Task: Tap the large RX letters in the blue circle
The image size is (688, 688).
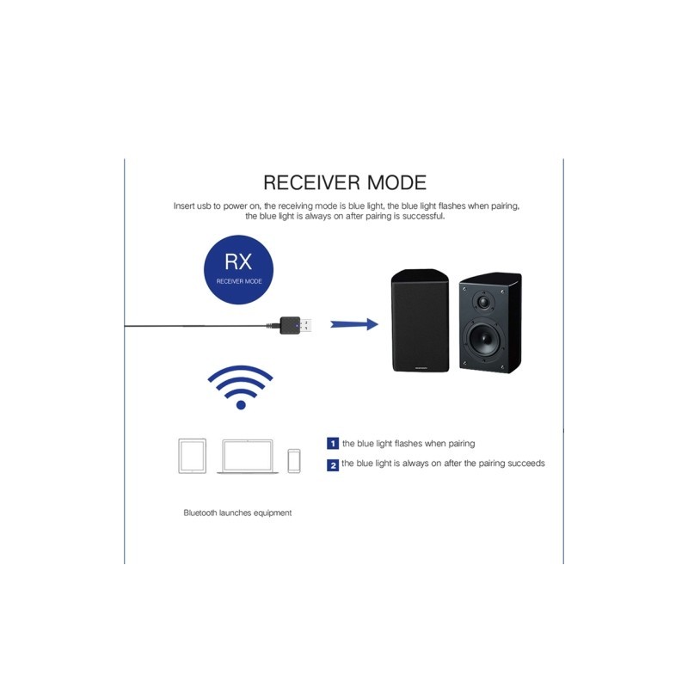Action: point(239,262)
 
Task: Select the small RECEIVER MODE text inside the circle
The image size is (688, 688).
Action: point(239,281)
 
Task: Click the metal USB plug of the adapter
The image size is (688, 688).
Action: point(312,325)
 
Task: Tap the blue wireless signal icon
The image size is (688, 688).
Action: point(241,386)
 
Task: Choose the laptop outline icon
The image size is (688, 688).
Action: point(247,456)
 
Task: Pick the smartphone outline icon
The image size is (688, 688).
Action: point(294,459)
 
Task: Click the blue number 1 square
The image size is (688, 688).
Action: point(332,444)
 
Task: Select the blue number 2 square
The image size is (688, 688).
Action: point(332,464)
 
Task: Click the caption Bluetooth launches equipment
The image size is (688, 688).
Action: point(237,513)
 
